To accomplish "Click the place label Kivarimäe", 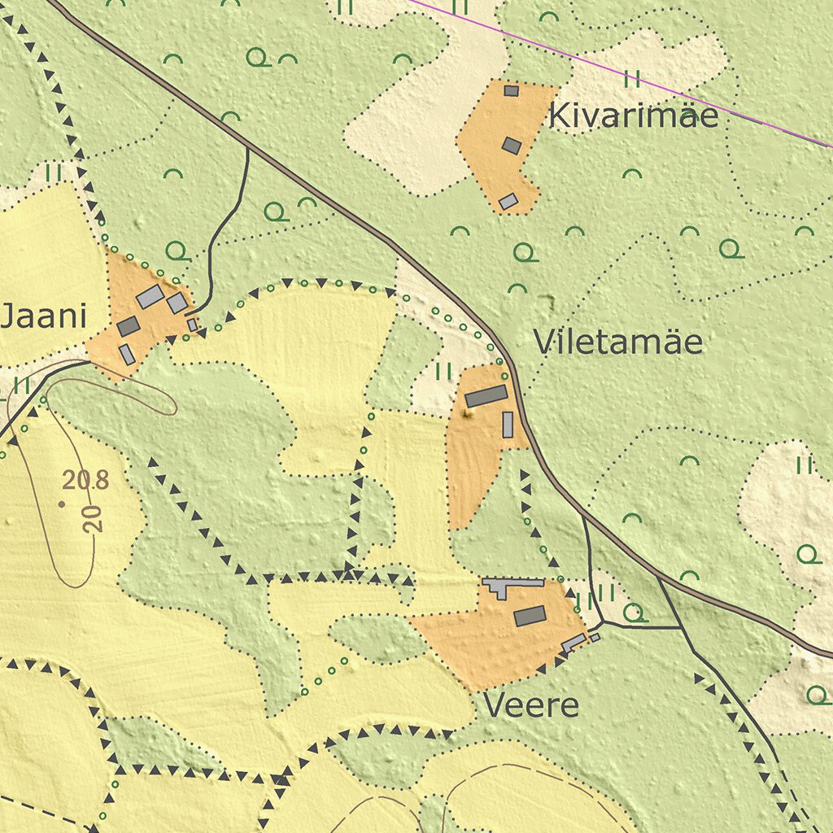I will (634, 116).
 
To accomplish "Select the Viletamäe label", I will (617, 342).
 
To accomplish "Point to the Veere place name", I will (531, 705).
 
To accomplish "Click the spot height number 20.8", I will (85, 480).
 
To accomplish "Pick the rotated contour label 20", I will (94, 518).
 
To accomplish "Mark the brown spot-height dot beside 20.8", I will (62, 504).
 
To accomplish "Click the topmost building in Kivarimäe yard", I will (511, 90).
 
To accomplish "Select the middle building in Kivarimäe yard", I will (511, 146).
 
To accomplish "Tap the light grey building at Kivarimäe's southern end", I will (508, 201).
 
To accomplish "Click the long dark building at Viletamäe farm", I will (486, 396).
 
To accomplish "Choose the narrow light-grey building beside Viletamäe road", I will (508, 425).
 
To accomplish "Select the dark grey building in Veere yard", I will (530, 616).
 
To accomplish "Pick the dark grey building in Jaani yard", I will (129, 326).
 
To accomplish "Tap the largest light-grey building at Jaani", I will (150, 297).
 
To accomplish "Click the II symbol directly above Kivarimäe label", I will (632, 79).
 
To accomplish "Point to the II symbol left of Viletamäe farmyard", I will (443, 372).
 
